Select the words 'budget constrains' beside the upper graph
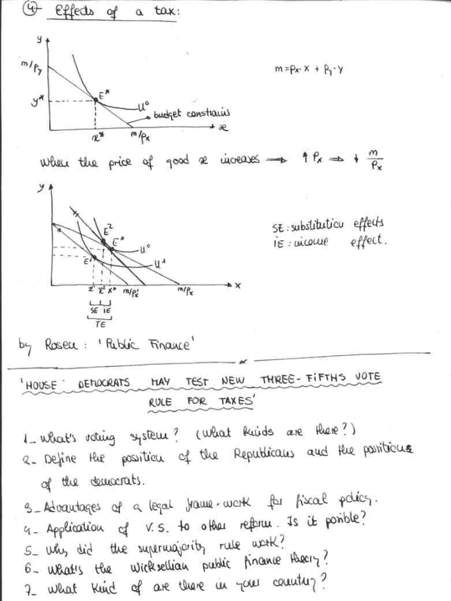click(x=192, y=114)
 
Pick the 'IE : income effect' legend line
click(x=328, y=240)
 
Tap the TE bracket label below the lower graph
click(x=100, y=324)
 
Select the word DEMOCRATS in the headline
click(x=103, y=383)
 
